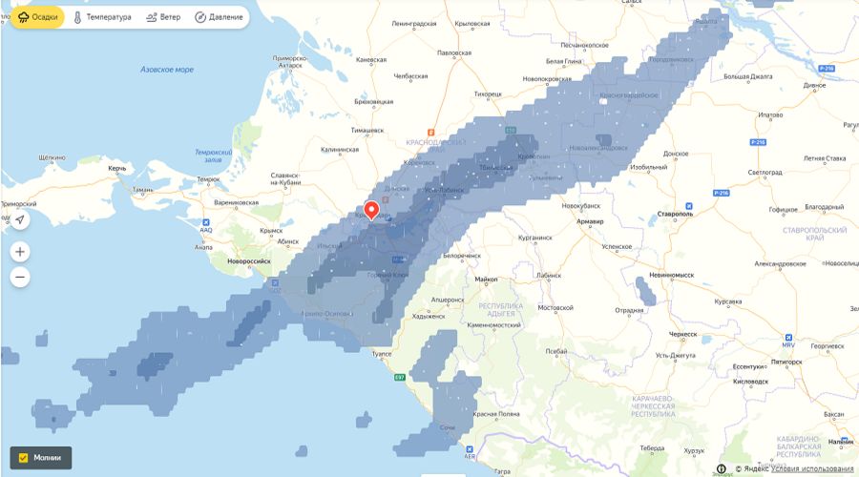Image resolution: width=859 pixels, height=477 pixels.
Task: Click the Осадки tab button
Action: pos(36,17)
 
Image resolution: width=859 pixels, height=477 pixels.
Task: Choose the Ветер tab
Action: pos(163,17)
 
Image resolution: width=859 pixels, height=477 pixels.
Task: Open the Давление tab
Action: pos(219,17)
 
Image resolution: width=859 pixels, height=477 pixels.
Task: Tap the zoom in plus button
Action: pos(20,252)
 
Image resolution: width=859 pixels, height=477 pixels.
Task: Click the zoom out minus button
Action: pos(20,278)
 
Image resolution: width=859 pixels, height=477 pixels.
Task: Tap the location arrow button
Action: pos(20,220)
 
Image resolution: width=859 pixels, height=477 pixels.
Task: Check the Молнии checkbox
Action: pos(24,458)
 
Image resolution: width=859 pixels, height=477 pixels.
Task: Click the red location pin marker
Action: pos(372,210)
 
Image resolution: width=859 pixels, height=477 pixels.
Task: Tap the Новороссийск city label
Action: pos(249,260)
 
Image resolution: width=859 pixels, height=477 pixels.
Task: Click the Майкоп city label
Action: pos(486,279)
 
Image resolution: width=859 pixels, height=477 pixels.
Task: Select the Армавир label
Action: pos(591,221)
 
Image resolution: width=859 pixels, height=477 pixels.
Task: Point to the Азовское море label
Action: pos(166,70)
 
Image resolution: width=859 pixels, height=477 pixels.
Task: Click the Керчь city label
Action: pos(117,168)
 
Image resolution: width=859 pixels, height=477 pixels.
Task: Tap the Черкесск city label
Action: pos(683,334)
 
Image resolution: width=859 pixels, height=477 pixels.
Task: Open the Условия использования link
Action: pos(812,468)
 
